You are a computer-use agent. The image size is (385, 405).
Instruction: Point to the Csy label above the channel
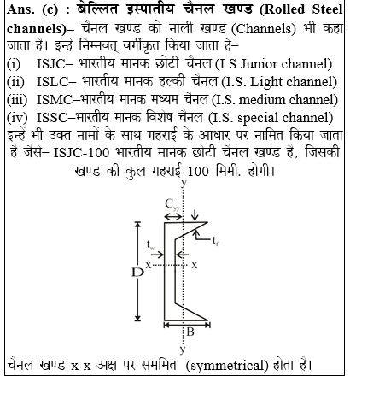pyautogui.click(x=172, y=204)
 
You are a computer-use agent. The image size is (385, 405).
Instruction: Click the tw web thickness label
pyautogui.click(x=152, y=249)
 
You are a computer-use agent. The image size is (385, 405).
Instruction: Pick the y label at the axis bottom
pyautogui.click(x=184, y=349)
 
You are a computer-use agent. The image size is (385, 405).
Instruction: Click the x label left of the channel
pyautogui.click(x=149, y=265)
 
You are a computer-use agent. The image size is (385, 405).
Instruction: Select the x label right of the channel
pyautogui.click(x=195, y=265)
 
